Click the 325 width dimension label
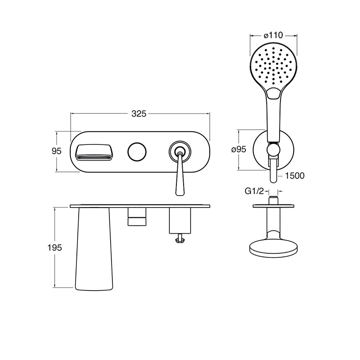[139, 114]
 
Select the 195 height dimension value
[55, 248]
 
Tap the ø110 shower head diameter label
[273, 36]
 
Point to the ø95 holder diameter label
[239, 149]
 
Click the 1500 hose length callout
[295, 176]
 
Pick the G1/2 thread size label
[254, 191]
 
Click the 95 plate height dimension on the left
[56, 151]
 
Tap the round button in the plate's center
[137, 152]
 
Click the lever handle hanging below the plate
[180, 174]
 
